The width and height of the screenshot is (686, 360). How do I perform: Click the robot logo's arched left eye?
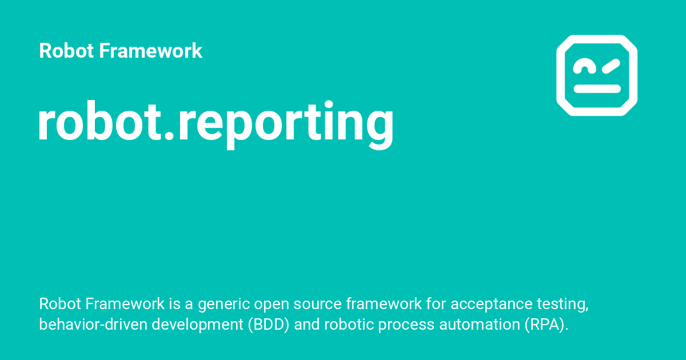click(x=584, y=63)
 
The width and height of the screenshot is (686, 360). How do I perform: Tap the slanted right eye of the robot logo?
click(x=611, y=66)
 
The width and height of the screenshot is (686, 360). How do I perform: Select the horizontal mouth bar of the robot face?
click(x=597, y=89)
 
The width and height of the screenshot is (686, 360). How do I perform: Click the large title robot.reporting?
click(x=216, y=125)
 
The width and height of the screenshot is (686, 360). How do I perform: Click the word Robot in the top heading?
click(x=66, y=50)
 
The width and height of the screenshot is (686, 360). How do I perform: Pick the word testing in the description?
click(x=563, y=305)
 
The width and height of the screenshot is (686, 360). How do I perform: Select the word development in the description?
click(x=197, y=325)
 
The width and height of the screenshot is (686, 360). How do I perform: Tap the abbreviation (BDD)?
click(x=269, y=325)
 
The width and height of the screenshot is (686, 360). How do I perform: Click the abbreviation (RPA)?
click(x=547, y=325)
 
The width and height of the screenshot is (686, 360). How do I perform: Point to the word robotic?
click(x=349, y=325)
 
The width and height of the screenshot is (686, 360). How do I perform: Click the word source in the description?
click(x=317, y=304)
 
